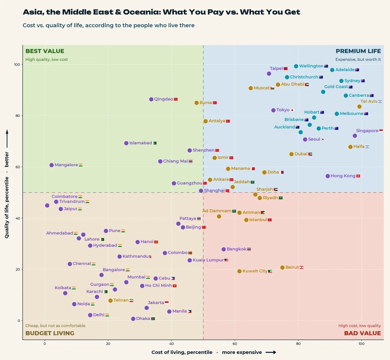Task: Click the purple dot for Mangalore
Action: coord(51,165)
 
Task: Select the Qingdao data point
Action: coord(151,99)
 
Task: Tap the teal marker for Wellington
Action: coord(296,66)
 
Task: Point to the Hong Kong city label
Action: coord(343,176)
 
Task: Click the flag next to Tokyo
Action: coord(292,110)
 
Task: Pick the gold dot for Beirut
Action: coord(282,267)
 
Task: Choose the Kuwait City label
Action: coord(255,271)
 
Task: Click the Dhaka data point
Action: coord(133,319)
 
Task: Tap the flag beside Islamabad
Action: coord(155,143)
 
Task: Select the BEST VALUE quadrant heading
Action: coord(45,51)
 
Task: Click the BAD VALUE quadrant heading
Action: coord(362,333)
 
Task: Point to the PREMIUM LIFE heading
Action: coord(358,51)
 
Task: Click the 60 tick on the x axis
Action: coord(235,344)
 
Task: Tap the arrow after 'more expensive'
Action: coord(271,352)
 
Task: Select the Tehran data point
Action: coord(110,301)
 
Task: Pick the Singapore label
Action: coord(367,131)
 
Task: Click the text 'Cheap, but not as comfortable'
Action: coord(55,326)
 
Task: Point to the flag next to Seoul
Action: coord(323,139)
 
